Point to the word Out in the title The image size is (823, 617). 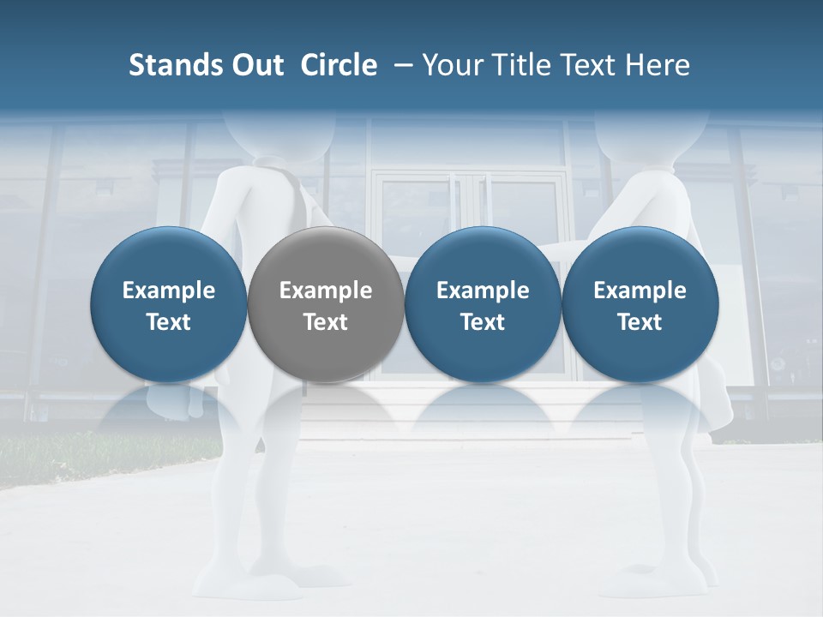255,65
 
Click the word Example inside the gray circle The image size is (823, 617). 326,291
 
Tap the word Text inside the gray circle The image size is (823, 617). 326,322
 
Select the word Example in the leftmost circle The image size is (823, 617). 168,291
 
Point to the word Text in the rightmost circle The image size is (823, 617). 640,322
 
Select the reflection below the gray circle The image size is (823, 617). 326,411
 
